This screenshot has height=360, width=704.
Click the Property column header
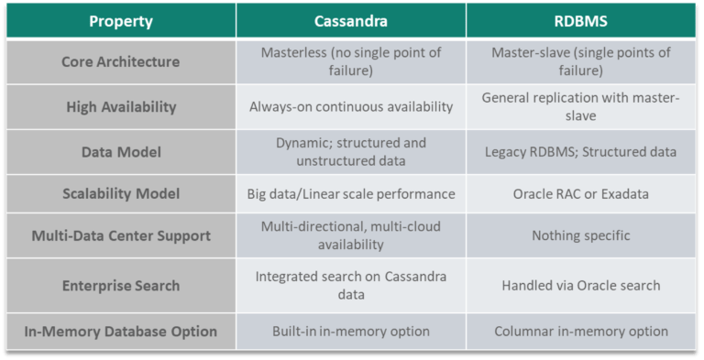click(x=120, y=20)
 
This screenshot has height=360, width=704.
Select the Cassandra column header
click(x=351, y=20)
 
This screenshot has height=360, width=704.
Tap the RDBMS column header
click(x=581, y=20)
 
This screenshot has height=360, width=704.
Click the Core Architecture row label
click(x=120, y=61)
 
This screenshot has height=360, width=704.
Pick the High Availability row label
click(x=120, y=106)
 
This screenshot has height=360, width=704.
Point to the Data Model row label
click(x=120, y=150)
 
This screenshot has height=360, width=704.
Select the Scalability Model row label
click(x=120, y=194)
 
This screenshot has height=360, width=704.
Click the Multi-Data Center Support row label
click(x=120, y=236)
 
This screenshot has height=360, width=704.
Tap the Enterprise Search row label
click(x=120, y=285)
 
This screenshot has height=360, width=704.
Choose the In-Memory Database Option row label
click(x=120, y=331)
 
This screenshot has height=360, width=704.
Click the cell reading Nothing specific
click(x=581, y=236)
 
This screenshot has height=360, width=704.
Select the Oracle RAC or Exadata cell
click(x=581, y=194)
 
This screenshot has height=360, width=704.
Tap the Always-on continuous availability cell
click(x=351, y=106)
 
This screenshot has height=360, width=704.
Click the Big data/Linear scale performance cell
click(x=351, y=194)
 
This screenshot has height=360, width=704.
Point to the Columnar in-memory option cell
click(x=581, y=331)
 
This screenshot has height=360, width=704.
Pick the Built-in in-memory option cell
click(x=351, y=331)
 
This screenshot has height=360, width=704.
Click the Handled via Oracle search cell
click(x=581, y=285)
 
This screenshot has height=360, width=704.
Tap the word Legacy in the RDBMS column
click(x=506, y=150)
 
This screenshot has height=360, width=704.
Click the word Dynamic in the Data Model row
click(x=304, y=142)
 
